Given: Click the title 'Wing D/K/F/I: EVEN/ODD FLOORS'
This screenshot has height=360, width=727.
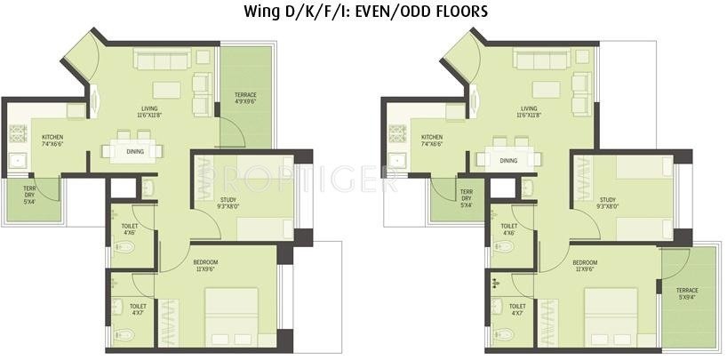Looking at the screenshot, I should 365,12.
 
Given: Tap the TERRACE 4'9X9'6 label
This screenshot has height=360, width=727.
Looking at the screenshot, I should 245,98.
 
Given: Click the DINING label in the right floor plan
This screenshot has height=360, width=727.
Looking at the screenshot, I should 508,161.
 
